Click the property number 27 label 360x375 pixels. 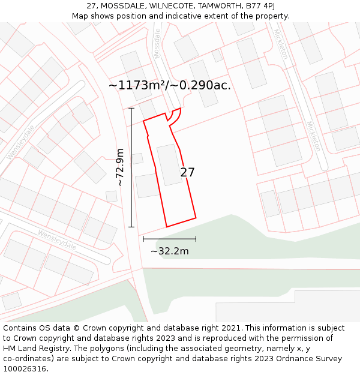[187, 173]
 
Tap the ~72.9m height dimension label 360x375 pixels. [120, 167]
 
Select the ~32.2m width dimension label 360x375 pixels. [169, 251]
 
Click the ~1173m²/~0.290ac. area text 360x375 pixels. [170, 85]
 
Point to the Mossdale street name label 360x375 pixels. [158, 43]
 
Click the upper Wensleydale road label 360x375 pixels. [20, 143]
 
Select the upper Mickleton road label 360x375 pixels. [281, 44]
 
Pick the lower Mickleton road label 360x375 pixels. [314, 136]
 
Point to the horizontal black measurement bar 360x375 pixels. [169, 239]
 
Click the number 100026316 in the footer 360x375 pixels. [25, 369]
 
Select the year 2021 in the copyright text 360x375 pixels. [232, 328]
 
